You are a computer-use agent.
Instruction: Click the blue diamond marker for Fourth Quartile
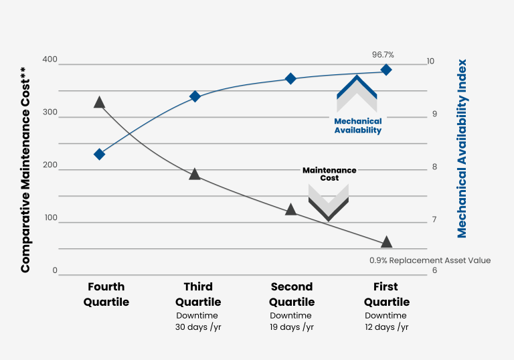[x=99, y=154]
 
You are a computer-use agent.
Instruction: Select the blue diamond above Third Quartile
[x=195, y=96]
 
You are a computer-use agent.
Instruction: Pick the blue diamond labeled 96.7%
[x=386, y=70]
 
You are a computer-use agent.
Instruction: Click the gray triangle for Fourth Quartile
[x=99, y=102]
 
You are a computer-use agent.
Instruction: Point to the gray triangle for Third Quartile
[x=195, y=175]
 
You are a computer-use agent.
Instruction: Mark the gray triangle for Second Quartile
[x=290, y=209]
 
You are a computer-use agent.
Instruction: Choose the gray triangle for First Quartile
[x=386, y=242]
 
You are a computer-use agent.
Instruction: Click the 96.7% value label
[x=383, y=54]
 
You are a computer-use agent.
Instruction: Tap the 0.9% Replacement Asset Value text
[x=430, y=260]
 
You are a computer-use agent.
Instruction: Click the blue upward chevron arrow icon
[x=357, y=92]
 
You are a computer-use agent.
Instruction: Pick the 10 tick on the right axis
[x=430, y=62]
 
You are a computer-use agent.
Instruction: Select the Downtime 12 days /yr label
[x=386, y=321]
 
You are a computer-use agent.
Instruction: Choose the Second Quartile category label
[x=292, y=294]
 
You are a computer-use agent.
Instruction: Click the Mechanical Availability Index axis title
[x=462, y=149]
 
